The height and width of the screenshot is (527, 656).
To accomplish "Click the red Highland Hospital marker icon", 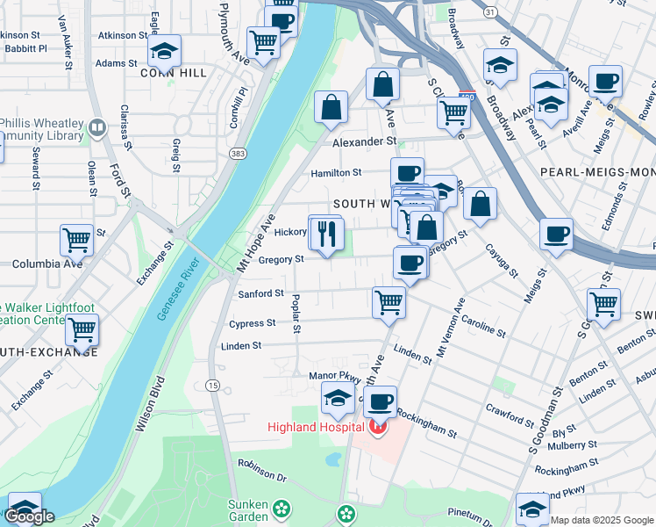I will click(x=378, y=428).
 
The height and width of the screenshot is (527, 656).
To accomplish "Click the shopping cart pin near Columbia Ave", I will click(x=76, y=239).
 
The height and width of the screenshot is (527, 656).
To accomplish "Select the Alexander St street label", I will click(x=364, y=141).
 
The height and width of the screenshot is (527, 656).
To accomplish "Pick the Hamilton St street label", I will click(x=336, y=174).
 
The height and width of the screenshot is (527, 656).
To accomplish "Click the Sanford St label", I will click(x=261, y=293).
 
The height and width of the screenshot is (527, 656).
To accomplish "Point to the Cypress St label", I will click(x=252, y=323).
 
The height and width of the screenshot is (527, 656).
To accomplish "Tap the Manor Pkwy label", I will click(x=330, y=376).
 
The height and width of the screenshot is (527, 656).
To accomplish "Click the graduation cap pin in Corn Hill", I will click(x=163, y=52).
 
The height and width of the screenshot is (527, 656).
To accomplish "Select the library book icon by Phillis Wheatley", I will click(x=96, y=129).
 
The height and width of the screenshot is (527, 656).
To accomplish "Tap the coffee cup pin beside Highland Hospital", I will click(x=380, y=403).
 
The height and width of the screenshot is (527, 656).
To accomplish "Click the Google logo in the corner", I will click(x=30, y=516).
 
